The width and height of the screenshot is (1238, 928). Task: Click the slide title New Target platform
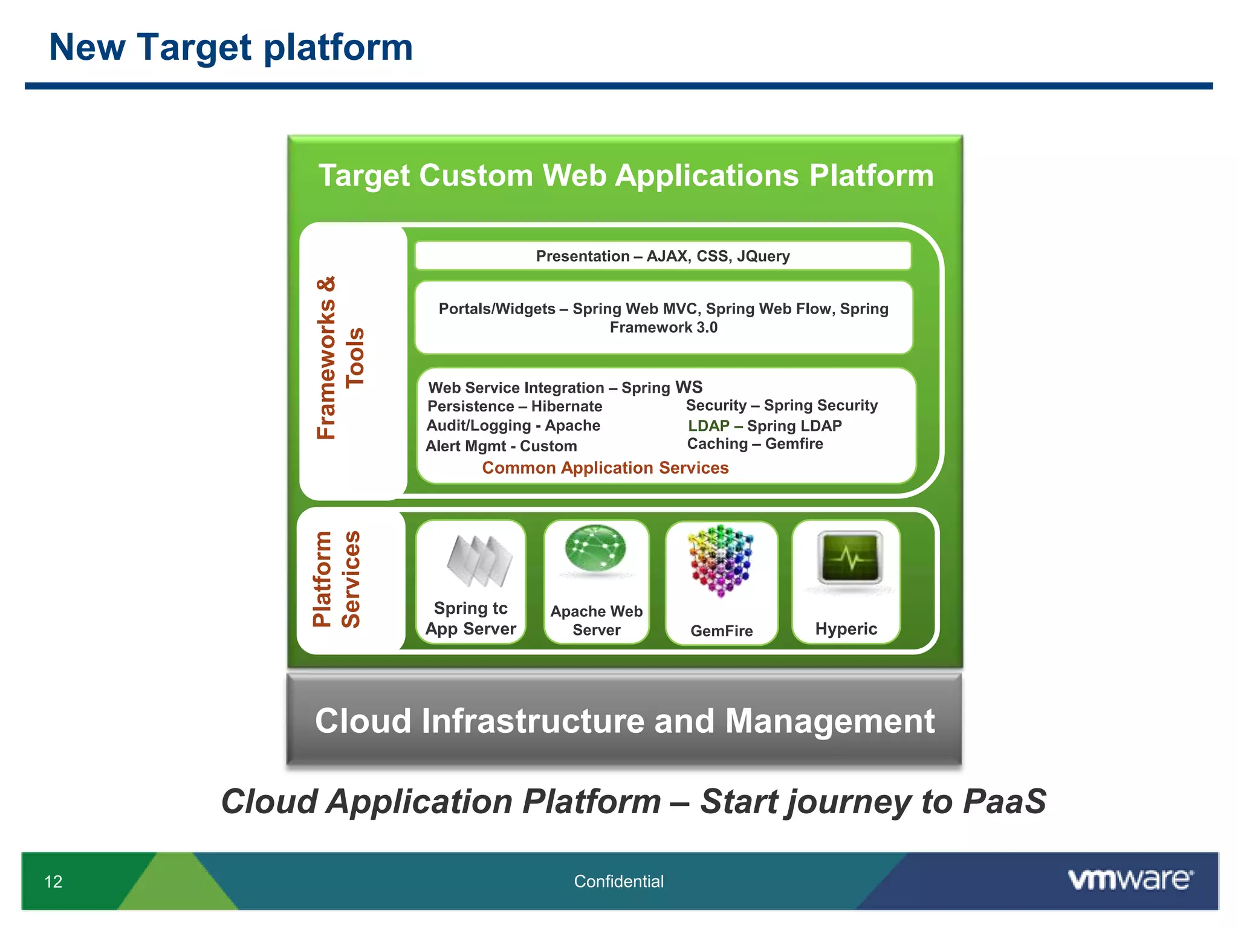tap(231, 47)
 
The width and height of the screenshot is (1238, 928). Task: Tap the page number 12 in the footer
tap(53, 881)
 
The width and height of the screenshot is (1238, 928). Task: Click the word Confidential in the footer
tap(618, 881)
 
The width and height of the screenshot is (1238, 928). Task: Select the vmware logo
tap(1130, 879)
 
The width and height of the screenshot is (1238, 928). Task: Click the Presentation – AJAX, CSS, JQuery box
tap(663, 256)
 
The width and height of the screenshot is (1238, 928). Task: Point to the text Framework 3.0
tap(663, 327)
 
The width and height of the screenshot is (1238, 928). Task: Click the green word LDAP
tap(708, 425)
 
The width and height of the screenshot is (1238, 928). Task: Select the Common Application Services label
tap(605, 468)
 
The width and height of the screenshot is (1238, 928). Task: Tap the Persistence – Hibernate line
tap(514, 406)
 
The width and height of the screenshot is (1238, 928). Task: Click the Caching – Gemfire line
tap(755, 444)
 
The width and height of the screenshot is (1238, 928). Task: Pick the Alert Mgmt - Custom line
tap(501, 446)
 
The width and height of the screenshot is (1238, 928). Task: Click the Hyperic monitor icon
tap(850, 557)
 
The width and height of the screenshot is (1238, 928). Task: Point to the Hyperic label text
tap(846, 629)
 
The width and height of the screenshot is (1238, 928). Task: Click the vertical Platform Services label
tap(337, 579)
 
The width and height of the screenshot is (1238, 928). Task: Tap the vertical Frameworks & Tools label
tap(340, 358)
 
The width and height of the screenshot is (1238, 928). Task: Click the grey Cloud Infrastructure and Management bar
tap(624, 721)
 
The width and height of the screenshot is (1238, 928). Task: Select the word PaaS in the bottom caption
tap(1004, 802)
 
